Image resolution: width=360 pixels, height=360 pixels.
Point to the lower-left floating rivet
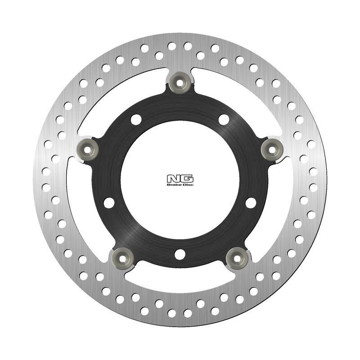121,257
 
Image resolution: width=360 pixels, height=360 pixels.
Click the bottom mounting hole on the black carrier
180,254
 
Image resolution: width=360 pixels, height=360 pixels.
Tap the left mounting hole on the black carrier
109,202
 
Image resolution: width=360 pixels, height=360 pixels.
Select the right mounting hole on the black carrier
251,202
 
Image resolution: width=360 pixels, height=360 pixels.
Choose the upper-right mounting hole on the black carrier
224,119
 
